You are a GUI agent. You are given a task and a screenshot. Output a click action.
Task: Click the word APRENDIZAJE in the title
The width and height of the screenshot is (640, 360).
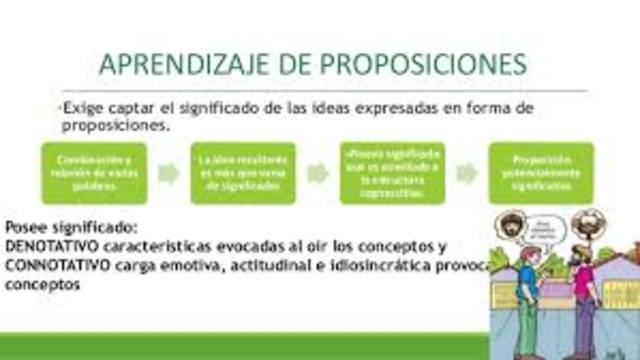[x=186, y=63]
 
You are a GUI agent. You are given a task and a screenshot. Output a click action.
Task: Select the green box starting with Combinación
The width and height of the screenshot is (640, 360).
[x=93, y=171]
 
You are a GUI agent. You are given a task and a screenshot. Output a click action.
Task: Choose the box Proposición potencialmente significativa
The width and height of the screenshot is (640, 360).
[x=541, y=171]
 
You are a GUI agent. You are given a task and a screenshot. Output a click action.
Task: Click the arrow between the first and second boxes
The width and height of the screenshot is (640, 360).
[x=169, y=172]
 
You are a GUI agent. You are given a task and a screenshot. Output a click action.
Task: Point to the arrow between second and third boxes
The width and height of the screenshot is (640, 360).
[x=318, y=172]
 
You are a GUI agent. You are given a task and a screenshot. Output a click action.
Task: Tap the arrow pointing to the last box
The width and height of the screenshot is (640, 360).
[x=467, y=172]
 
